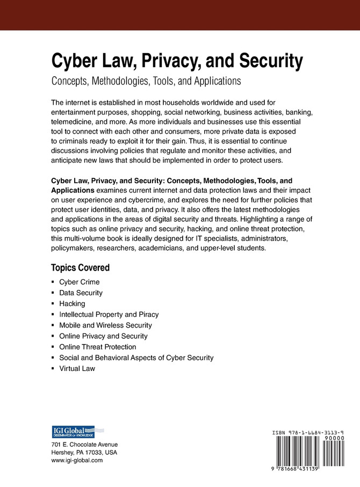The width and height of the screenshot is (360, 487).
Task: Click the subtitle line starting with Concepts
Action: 145,82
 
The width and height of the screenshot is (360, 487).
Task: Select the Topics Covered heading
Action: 80,267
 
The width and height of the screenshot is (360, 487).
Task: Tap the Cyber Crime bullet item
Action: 79,282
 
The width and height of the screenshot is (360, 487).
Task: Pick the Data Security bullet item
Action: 81,293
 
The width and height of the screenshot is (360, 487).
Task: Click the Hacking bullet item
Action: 72,303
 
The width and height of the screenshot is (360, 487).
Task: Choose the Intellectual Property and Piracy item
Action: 109,314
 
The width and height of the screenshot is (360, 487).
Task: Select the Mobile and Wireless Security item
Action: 105,325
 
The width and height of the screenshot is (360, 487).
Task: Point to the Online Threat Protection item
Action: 97,347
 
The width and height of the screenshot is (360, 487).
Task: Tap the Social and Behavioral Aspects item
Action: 136,358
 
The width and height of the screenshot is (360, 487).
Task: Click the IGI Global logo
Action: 73,432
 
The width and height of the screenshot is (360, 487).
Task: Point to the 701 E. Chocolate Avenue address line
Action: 84,445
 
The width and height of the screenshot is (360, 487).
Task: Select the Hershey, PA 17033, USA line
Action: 84,453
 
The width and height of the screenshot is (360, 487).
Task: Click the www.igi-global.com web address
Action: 77,461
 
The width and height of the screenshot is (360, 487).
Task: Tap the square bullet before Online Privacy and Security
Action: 53,336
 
